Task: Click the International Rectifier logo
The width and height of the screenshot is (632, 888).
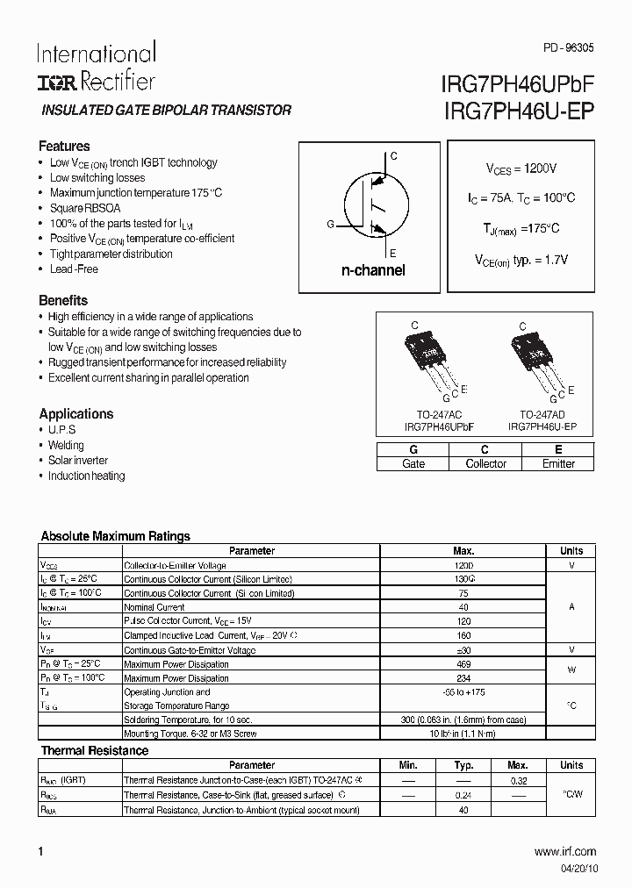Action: pyautogui.click(x=96, y=67)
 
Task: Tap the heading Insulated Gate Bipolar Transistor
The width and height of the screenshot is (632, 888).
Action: pyautogui.click(x=167, y=111)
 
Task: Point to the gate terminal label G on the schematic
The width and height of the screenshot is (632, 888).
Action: pyautogui.click(x=330, y=225)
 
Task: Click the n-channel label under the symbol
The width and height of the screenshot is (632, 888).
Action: pyautogui.click(x=373, y=271)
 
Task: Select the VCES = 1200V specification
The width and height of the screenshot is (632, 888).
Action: pyautogui.click(x=521, y=168)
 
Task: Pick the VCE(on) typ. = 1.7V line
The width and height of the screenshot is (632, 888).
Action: pyautogui.click(x=521, y=260)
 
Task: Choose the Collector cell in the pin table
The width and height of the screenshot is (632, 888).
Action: pyautogui.click(x=485, y=463)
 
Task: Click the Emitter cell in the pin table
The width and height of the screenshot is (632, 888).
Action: pyautogui.click(x=558, y=463)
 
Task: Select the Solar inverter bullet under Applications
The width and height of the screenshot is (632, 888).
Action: pyautogui.click(x=78, y=461)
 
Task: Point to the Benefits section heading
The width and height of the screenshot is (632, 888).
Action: pyautogui.click(x=63, y=300)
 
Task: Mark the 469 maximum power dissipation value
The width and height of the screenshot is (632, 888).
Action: pyautogui.click(x=463, y=664)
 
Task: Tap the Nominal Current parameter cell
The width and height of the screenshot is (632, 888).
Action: pyautogui.click(x=154, y=607)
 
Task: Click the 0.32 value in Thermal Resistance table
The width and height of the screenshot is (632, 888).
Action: pyautogui.click(x=518, y=779)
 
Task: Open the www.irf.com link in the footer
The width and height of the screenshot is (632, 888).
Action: pyautogui.click(x=564, y=851)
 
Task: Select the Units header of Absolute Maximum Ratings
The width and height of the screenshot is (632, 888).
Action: pyautogui.click(x=571, y=551)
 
